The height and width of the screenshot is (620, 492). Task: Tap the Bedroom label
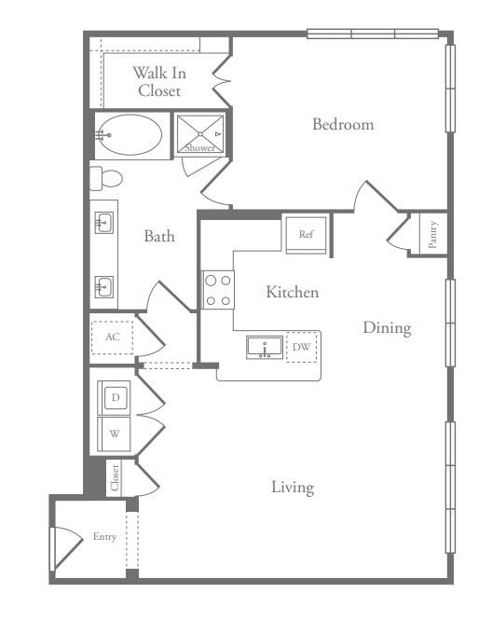pyautogui.click(x=343, y=124)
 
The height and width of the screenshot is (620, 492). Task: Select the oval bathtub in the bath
pyautogui.click(x=131, y=134)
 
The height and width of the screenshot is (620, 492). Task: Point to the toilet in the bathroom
pyautogui.click(x=107, y=178)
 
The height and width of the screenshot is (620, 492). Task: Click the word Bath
pyautogui.click(x=158, y=236)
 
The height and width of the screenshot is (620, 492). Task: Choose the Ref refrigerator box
pyautogui.click(x=306, y=234)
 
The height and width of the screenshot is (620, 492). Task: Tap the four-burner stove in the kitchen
pyautogui.click(x=218, y=289)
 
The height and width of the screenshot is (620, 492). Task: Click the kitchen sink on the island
pyautogui.click(x=265, y=348)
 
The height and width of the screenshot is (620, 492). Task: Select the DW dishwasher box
pyautogui.click(x=301, y=348)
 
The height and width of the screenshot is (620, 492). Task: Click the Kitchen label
pyautogui.click(x=292, y=293)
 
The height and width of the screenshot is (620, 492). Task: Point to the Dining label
pyautogui.click(x=387, y=327)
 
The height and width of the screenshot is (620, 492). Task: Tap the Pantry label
pyautogui.click(x=432, y=234)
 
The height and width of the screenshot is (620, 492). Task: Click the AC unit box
pyautogui.click(x=112, y=338)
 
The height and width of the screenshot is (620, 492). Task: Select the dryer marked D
pyautogui.click(x=116, y=398)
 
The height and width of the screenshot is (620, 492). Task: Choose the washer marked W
pyautogui.click(x=115, y=434)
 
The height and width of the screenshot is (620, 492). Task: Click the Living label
pyautogui.click(x=292, y=487)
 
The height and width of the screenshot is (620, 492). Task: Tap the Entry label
pyautogui.click(x=104, y=537)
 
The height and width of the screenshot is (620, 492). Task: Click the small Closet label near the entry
pyautogui.click(x=115, y=477)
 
